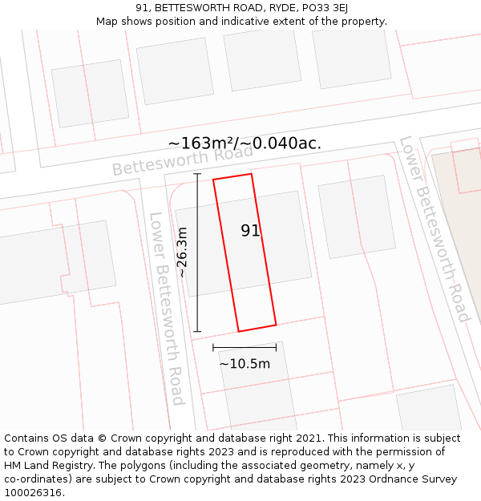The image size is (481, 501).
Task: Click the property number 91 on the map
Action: [x=250, y=231]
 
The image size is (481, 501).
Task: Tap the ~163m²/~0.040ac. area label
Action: [x=245, y=143]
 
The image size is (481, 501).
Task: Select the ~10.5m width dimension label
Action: [x=245, y=364]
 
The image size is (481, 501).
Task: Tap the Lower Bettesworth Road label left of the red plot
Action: [x=167, y=309]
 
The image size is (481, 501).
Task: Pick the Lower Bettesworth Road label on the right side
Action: [x=434, y=228]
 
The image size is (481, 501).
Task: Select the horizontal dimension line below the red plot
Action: [x=245, y=347]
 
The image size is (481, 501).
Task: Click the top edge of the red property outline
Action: [x=232, y=176]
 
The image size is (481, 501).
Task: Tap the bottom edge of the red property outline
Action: [x=257, y=328]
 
